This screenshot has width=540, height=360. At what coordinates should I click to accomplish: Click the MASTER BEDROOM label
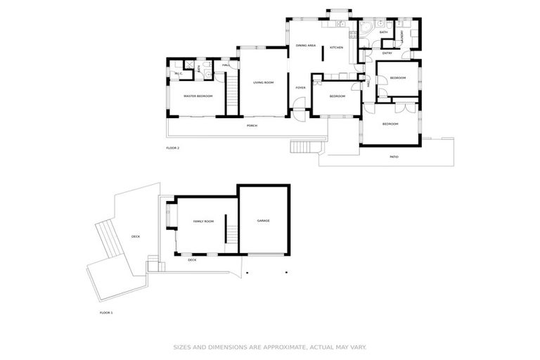click(x=198, y=96)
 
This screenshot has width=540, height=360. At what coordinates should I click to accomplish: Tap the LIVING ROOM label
click(x=264, y=83)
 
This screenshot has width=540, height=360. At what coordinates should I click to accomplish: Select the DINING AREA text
click(x=306, y=46)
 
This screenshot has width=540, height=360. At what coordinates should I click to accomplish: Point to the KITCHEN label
click(x=337, y=47)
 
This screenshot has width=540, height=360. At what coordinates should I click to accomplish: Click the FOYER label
click(x=300, y=88)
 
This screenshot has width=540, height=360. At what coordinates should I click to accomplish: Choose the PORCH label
click(x=252, y=126)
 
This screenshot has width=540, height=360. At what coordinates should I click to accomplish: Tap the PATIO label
click(x=394, y=157)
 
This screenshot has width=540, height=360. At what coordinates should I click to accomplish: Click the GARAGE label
click(x=263, y=221)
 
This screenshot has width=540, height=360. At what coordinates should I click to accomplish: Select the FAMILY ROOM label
click(x=204, y=221)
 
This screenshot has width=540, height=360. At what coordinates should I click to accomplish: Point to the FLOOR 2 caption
click(x=173, y=148)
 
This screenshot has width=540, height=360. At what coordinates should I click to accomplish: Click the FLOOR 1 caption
click(x=106, y=311)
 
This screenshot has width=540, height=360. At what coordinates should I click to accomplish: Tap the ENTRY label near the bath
click(x=387, y=53)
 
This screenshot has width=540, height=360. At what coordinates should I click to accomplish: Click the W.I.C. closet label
click(x=179, y=73)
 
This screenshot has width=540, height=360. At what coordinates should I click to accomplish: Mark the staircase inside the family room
click(x=228, y=230)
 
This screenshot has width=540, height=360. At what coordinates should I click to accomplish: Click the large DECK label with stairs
click(x=135, y=237)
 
